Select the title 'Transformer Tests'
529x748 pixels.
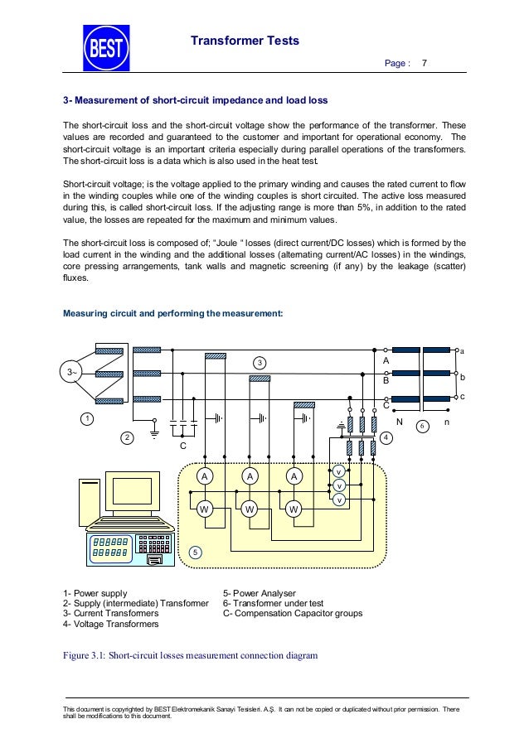point(246,41)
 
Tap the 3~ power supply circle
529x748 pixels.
point(71,373)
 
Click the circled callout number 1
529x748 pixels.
point(86,420)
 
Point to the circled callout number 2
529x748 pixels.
point(127,437)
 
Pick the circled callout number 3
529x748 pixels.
point(260,364)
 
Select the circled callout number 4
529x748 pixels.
point(386,437)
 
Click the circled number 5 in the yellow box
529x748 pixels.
point(195,551)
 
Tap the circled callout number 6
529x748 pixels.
point(421,426)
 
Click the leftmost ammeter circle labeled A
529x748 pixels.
point(203,476)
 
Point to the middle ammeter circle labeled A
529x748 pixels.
point(248,476)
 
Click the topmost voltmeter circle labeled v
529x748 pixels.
point(338,471)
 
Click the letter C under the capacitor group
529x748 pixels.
point(183,447)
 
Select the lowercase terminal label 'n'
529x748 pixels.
point(447,422)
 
